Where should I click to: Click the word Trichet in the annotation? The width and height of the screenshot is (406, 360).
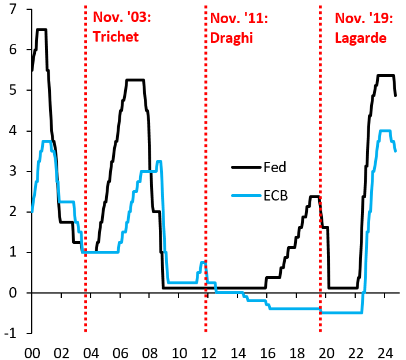116,37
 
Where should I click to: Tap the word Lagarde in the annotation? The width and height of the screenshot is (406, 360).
361,37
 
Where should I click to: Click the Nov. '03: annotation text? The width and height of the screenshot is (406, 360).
122,17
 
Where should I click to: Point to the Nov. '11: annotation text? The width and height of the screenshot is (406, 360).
239,17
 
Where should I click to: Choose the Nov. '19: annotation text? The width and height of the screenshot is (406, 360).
364,17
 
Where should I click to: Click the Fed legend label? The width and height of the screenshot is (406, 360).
275,168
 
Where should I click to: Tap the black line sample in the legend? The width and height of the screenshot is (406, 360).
245,168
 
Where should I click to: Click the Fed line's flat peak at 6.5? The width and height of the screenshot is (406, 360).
41,29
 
